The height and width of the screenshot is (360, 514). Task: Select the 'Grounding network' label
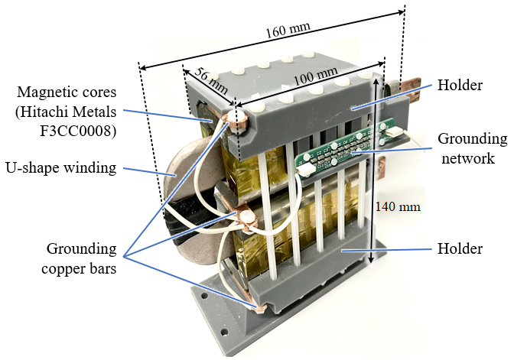[471, 148]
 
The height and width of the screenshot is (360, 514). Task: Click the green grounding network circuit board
[337, 153]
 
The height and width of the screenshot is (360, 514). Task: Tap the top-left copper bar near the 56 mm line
[234, 117]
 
